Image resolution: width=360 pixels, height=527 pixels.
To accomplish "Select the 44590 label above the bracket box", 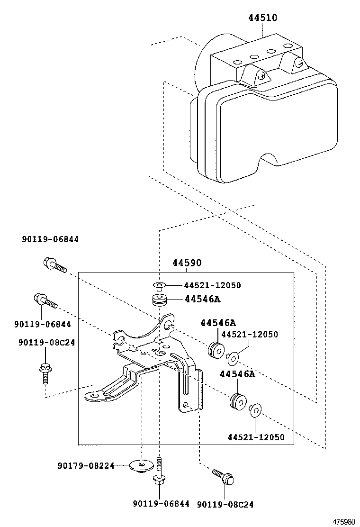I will click(187, 263).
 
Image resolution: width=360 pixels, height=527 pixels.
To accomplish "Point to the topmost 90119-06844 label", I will click(50, 239).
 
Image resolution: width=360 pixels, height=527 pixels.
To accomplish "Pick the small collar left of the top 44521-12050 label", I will click(159, 285).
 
